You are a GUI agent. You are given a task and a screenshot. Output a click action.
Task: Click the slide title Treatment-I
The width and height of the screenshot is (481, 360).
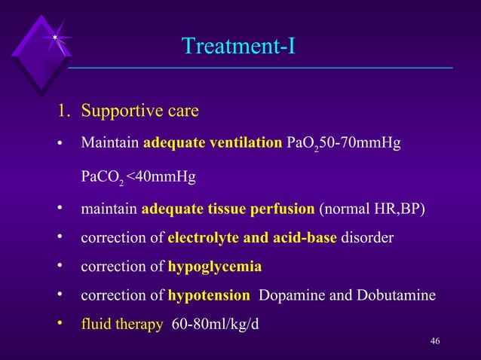238,47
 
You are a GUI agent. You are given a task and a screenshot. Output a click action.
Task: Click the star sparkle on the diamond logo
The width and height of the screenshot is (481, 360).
56,38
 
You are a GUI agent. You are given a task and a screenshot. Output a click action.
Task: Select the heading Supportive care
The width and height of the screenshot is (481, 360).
139,112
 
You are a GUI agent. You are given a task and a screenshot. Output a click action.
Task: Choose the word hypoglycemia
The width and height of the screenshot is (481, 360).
215,267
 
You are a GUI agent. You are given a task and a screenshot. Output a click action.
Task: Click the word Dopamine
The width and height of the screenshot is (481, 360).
288,295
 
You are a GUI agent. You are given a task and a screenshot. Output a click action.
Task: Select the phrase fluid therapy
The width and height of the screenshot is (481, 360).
122,325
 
